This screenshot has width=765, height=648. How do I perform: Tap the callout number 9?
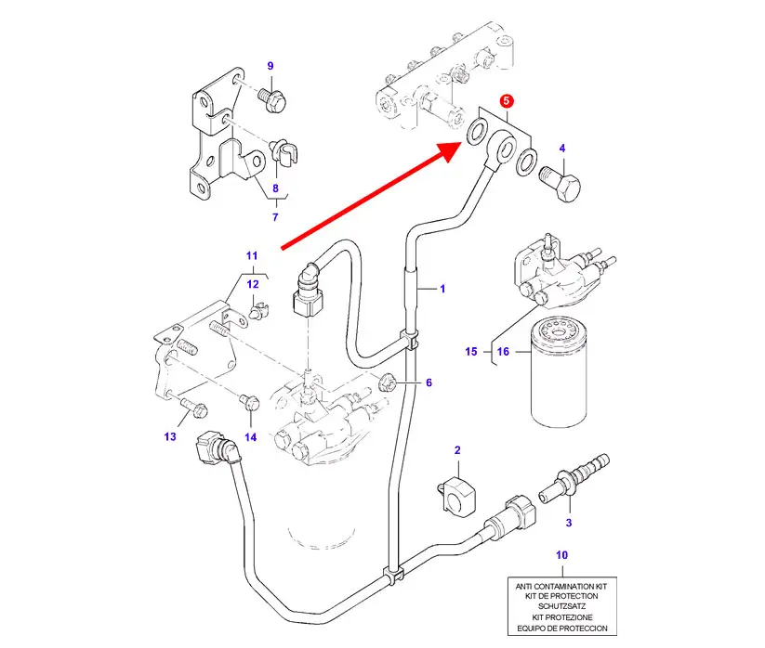point(270,66)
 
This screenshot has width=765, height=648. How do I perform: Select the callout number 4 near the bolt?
point(561,149)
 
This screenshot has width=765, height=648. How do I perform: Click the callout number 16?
point(503,352)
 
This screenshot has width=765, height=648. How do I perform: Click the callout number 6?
point(429,382)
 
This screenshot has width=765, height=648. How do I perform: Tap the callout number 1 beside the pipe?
point(442,290)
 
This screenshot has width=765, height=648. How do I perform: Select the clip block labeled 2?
point(454,491)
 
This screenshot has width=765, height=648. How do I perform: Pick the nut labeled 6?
point(389,380)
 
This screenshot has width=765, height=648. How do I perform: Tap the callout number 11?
point(251,255)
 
